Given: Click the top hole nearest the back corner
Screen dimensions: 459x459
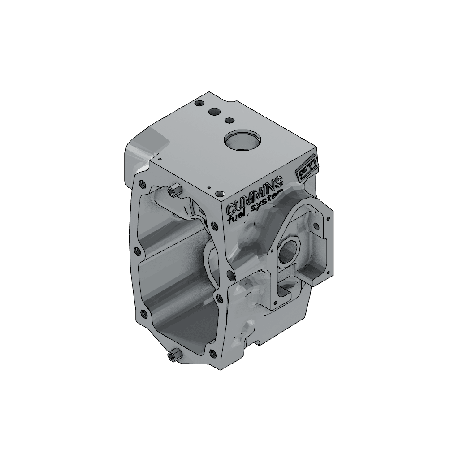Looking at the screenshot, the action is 199,104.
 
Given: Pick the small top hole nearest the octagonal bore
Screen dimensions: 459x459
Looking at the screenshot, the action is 229,120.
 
